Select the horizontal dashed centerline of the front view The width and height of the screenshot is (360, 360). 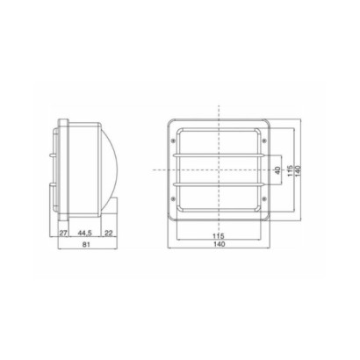coord(158,169)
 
